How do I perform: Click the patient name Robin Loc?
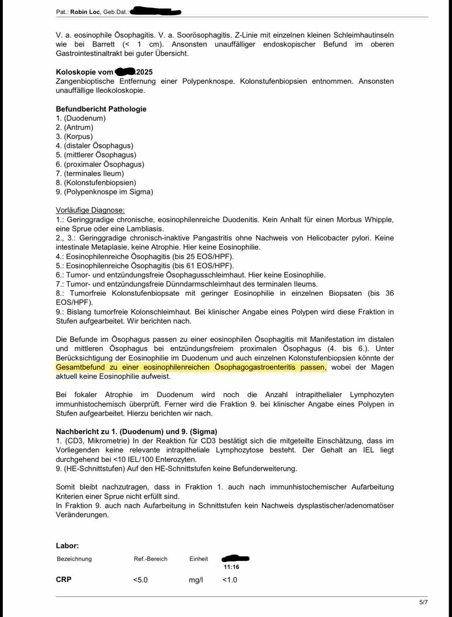[85, 12]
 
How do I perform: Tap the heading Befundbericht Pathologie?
[101, 109]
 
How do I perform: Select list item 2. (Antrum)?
[75, 127]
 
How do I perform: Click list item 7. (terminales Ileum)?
[90, 173]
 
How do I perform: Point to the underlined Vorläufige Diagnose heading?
[90, 210]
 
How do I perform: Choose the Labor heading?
[67, 546]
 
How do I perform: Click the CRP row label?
[64, 580]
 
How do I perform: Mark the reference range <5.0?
[140, 580]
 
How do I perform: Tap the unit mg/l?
[196, 580]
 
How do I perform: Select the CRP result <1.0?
[230, 580]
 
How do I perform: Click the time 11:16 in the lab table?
[231, 567]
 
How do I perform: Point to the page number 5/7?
[423, 602]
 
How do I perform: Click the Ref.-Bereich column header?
[150, 559]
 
